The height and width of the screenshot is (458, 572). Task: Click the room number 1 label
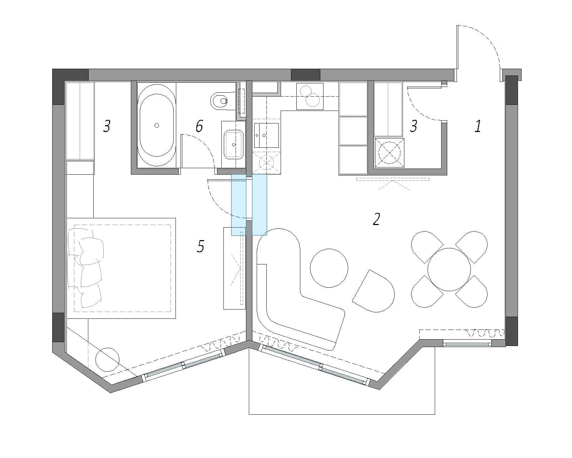478,126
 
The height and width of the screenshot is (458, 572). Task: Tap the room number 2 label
376,219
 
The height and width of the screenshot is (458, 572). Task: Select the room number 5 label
201,246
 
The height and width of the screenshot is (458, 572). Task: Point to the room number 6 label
199,126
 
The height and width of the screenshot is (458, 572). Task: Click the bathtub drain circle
157,125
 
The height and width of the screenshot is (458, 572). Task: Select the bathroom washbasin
234,145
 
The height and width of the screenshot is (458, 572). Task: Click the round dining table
449,269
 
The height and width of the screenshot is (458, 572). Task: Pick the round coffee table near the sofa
329,268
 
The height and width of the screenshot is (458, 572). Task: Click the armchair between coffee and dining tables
374,291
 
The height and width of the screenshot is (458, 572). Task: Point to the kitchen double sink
266,135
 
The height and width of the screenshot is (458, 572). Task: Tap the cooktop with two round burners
310,96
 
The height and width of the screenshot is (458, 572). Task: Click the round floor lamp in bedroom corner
107,360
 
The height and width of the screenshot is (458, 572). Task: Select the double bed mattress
122,268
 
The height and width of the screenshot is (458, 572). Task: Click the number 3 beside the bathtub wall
107,126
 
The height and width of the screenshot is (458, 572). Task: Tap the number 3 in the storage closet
413,126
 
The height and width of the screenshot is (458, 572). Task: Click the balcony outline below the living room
342,414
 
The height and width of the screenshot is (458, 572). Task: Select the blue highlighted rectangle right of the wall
260,205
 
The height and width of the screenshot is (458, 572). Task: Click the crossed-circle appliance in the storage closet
389,153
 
